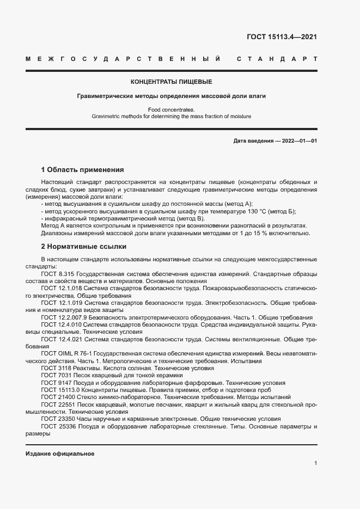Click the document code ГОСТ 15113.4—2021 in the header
282,37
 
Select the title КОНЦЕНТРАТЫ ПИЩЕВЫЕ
171,82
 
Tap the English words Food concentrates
171,109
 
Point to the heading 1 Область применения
83,169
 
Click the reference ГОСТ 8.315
59,273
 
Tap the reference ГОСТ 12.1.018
61,287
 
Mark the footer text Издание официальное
60,454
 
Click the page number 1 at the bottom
316,463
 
